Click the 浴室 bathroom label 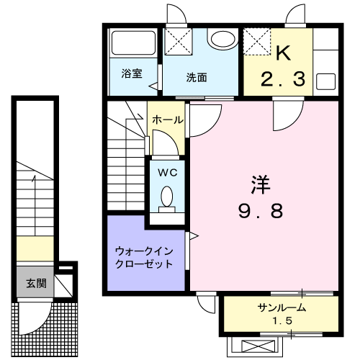pyautogui.click(x=131, y=73)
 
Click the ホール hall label pyautogui.click(x=168, y=120)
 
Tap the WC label pyautogui.click(x=168, y=172)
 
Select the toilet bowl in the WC pyautogui.click(x=168, y=196)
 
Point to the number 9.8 pyautogui.click(x=261, y=211)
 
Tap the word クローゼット pyautogui.click(x=143, y=264)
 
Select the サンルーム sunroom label pyautogui.click(x=282, y=307)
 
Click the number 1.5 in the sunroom pyautogui.click(x=282, y=320)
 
